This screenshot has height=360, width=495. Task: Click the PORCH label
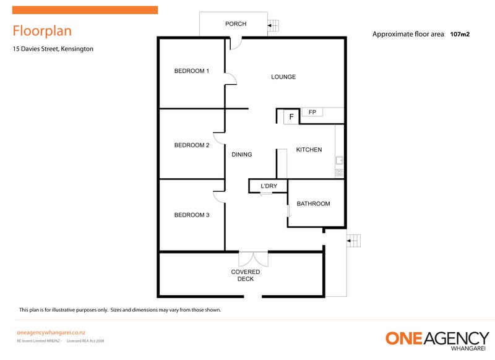coord(236,24)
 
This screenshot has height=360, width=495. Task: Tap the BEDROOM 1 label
coord(191,71)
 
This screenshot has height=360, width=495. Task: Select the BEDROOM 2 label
coord(191,145)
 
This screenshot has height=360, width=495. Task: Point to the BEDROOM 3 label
coord(191,215)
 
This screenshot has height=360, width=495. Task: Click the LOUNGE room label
coord(283,77)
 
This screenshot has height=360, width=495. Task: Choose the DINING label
coord(241,155)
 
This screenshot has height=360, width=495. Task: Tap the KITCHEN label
coord(309,150)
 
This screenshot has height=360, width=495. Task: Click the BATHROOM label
coord(313,204)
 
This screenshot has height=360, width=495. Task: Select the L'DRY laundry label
coord(269,186)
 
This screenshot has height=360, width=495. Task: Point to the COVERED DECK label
coord(246,275)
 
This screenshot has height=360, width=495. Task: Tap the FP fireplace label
coord(312,112)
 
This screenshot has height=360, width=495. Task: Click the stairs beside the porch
coord(273,26)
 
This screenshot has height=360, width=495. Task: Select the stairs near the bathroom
coord(353,240)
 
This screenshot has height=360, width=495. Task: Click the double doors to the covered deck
coord(253,259)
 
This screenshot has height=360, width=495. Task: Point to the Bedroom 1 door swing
coord(230,79)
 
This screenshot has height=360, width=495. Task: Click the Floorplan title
coord(42,31)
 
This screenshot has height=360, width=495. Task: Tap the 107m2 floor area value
coord(460,35)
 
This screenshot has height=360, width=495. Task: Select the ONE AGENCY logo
coord(437,340)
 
